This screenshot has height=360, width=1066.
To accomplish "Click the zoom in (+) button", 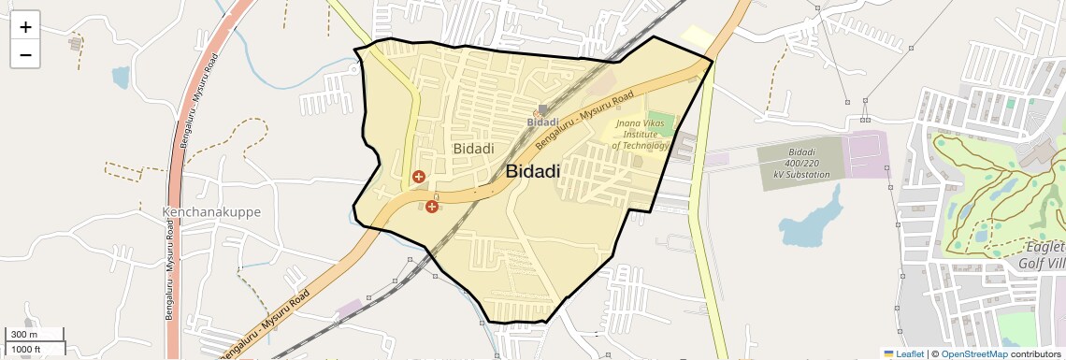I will (25, 26).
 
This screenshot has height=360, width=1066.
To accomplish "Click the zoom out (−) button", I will (25, 54).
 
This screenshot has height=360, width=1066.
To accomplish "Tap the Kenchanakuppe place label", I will (211, 212).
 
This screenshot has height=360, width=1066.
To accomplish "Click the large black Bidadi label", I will (533, 171).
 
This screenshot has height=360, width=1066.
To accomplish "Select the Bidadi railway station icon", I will (543, 109).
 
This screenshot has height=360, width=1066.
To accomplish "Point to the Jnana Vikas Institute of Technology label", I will (641, 134).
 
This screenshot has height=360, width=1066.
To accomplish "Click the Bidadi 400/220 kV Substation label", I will (808, 163).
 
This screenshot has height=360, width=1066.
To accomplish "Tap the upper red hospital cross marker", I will (419, 176).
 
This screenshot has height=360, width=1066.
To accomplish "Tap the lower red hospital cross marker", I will (431, 206).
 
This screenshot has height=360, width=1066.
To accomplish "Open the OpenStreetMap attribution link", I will (973, 354).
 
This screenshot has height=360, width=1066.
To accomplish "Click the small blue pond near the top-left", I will (121, 77).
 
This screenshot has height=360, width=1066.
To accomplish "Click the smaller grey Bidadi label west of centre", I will (473, 149).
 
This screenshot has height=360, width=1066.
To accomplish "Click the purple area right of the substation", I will (866, 154).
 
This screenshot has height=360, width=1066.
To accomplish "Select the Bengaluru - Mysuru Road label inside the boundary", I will (583, 121).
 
